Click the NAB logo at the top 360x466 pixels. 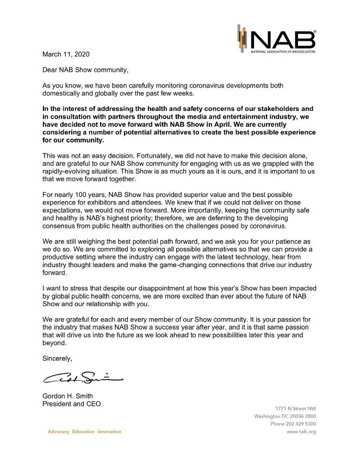click(276, 39)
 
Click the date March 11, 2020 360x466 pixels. click(65, 54)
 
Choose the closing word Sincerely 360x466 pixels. click(57, 359)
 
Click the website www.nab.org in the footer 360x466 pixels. click(301, 432)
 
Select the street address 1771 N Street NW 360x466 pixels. click(294, 408)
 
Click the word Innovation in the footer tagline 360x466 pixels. click(109, 432)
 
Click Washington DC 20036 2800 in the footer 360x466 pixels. click(285, 416)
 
